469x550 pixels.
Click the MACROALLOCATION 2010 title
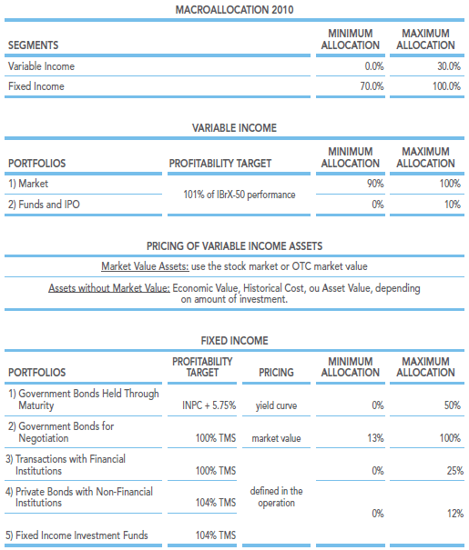[234, 9]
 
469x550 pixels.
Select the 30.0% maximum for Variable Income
[449, 66]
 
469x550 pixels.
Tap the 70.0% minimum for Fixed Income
[372, 86]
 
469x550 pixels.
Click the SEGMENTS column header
[34, 45]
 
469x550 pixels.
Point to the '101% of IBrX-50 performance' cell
[240, 195]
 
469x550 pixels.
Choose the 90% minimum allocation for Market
[375, 184]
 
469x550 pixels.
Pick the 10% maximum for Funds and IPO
[452, 205]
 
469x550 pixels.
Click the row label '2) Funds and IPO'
[44, 205]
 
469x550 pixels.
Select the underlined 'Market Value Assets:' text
[145, 266]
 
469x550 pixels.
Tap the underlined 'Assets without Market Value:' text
[109, 288]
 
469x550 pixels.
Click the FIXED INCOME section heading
[234, 340]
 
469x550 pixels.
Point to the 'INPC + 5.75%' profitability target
[209, 405]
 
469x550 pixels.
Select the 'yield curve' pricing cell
[276, 405]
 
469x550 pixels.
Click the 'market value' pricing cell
[276, 438]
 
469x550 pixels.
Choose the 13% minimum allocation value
[375, 438]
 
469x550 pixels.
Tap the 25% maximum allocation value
[455, 470]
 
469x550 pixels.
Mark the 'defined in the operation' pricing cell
[277, 496]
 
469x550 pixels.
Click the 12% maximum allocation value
[455, 514]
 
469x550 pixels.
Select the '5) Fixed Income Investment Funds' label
[76, 535]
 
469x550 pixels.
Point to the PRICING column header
[276, 372]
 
